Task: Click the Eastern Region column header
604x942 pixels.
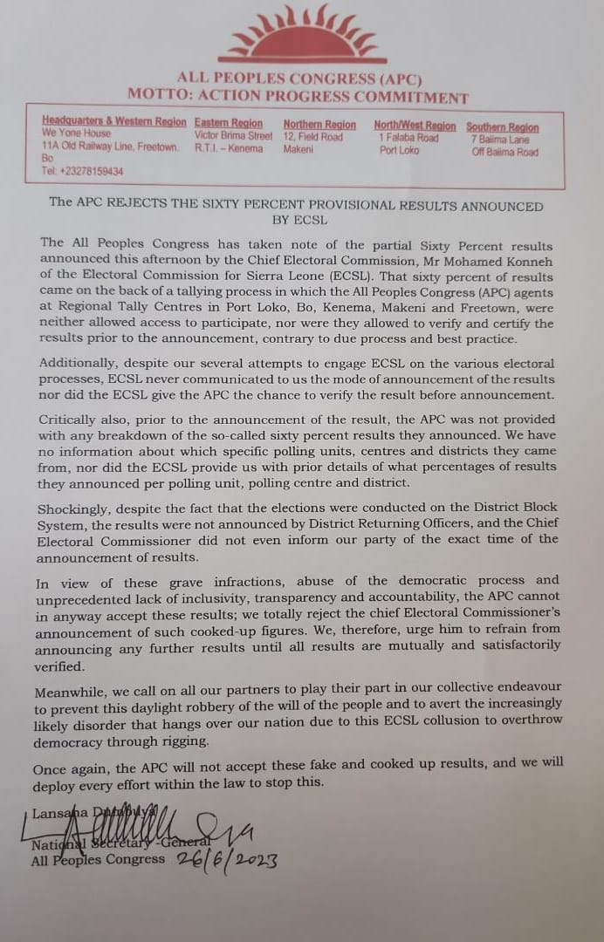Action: click(x=229, y=124)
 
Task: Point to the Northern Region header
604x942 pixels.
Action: click(x=319, y=125)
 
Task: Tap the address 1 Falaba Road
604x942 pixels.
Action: click(x=408, y=138)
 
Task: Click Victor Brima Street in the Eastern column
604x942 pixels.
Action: click(x=233, y=136)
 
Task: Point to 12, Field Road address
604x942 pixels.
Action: click(x=312, y=137)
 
